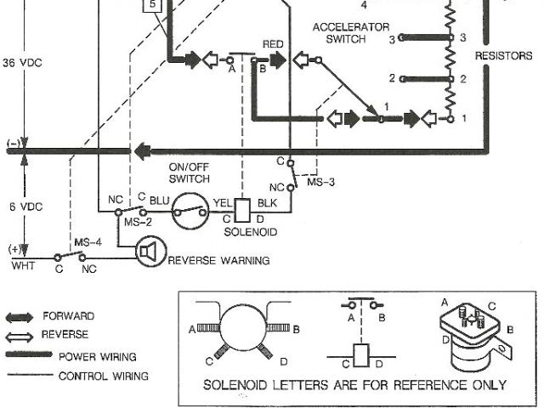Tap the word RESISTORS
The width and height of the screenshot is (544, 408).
point(503,56)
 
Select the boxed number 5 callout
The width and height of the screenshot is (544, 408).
point(152,5)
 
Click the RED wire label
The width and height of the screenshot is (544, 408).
point(273,43)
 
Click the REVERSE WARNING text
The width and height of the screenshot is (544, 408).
point(218,261)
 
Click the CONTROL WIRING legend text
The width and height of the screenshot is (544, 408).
point(103,375)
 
